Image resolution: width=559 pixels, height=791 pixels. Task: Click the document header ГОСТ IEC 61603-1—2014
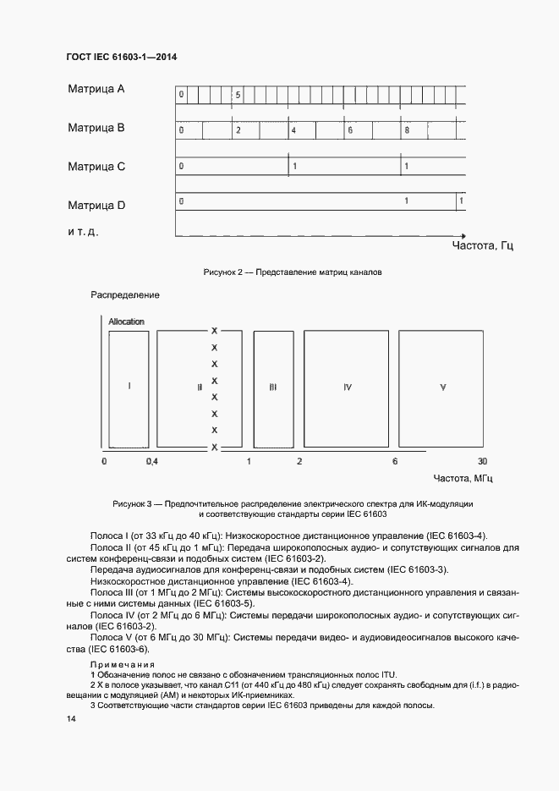click(123, 57)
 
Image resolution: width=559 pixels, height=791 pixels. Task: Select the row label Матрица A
click(96, 89)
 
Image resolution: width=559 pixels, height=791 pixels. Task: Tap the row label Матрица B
click(96, 128)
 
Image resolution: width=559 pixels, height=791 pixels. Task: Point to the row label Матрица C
click(96, 167)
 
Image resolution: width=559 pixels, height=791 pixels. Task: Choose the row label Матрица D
click(96, 205)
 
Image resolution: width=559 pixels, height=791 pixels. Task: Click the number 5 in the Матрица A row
click(238, 95)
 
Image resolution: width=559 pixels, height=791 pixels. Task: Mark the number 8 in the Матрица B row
click(408, 131)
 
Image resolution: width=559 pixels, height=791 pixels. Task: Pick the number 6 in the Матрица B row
click(349, 131)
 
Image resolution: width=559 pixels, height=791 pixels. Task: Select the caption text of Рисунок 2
click(293, 273)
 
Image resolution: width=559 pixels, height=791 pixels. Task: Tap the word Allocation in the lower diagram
click(126, 321)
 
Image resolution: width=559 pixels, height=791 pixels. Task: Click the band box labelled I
click(129, 387)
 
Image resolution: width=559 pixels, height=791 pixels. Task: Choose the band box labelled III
click(272, 387)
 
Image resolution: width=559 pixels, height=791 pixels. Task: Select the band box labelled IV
click(347, 387)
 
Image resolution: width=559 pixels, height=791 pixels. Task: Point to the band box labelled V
click(442, 387)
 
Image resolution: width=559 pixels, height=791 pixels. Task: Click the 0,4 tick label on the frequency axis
click(152, 461)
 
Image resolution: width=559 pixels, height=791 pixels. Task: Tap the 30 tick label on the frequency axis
click(482, 461)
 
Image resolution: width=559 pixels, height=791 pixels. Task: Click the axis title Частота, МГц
click(463, 479)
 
